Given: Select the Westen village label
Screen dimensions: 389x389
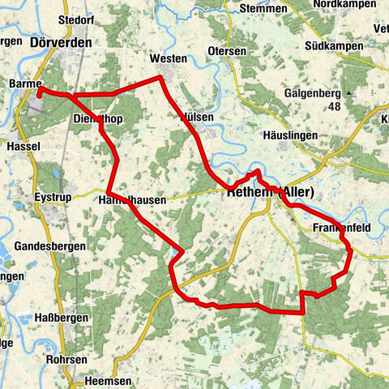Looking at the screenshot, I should click(169, 59).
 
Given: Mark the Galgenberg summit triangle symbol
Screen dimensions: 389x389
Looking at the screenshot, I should click(348, 93).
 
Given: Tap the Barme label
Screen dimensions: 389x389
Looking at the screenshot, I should click(24, 83).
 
